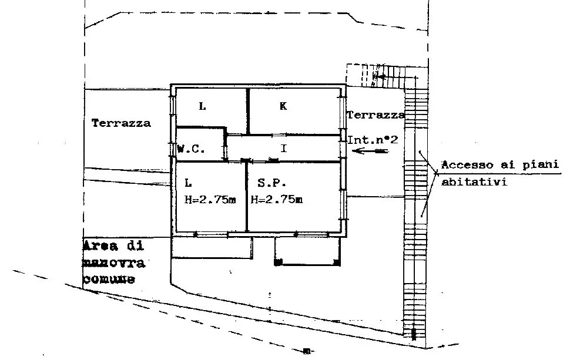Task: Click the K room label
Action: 283,106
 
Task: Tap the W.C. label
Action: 191,149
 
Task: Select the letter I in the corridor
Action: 284,148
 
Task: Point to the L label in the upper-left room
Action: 203,106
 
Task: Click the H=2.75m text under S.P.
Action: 277,200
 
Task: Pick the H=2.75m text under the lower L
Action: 210,200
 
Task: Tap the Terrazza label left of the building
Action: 121,123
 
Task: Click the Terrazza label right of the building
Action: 375,115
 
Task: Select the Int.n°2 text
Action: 373,140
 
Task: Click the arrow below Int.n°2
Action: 371,150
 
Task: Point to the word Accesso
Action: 467,165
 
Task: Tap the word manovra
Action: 114,263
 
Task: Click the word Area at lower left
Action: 100,246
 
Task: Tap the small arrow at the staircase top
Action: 379,77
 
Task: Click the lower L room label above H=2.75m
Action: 188,183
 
